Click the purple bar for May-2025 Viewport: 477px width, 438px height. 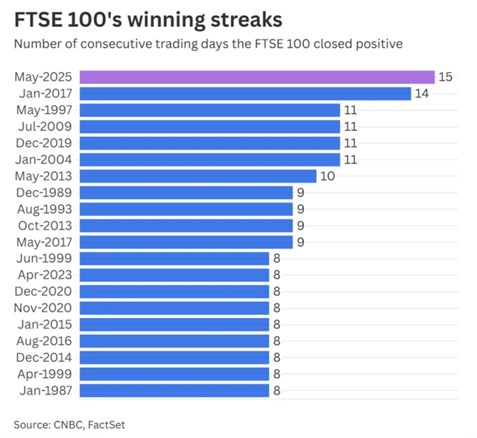click(x=256, y=77)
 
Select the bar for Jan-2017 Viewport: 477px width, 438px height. click(x=245, y=93)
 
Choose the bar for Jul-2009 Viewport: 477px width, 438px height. click(x=209, y=126)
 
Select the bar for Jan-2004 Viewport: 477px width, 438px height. click(x=209, y=159)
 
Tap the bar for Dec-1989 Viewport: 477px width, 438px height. click(x=186, y=192)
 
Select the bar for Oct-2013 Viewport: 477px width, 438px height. click(x=186, y=225)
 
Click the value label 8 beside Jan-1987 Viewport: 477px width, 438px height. click(x=277, y=390)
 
